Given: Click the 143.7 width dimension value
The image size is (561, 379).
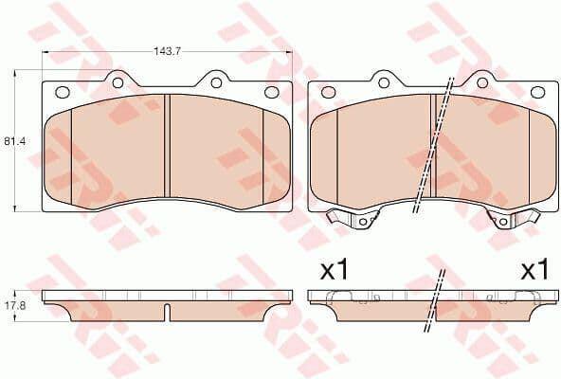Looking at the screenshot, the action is (168, 51).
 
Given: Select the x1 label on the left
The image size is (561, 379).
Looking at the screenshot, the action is (334, 271).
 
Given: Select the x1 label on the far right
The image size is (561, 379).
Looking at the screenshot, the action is (534, 271).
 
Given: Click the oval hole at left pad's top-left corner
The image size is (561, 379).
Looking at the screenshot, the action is (63, 92).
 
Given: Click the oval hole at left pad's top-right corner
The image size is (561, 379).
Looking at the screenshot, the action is (271, 92).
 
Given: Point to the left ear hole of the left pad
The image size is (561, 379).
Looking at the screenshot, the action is (118, 83).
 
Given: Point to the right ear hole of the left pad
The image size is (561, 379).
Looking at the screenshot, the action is (216, 83).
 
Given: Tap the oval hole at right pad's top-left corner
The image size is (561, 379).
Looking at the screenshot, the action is (328, 92).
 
